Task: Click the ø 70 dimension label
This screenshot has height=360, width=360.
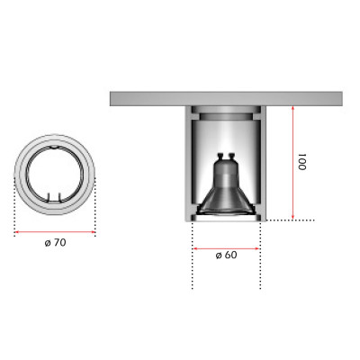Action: (55, 242)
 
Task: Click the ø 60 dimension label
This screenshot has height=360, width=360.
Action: (226, 255)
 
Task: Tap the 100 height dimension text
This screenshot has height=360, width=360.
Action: (301, 162)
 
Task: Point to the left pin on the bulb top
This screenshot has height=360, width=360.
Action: (221, 157)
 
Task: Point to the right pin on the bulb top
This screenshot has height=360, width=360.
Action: (231, 157)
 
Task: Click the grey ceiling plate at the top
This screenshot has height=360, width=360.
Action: (226, 99)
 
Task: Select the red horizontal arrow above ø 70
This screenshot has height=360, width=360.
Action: (55, 232)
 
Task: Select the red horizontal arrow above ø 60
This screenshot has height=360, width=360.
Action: (226, 248)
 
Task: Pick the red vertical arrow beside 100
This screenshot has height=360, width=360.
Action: (293, 163)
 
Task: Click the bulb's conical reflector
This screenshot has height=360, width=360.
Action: (226, 201)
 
